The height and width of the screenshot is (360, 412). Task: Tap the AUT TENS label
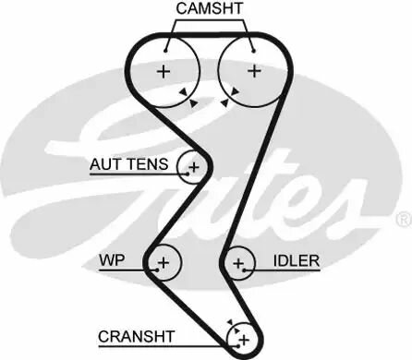click(128, 165)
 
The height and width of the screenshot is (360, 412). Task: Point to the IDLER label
click(296, 261)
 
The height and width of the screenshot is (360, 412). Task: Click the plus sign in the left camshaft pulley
click(164, 70)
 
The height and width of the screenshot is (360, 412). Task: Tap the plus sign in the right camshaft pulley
click(253, 70)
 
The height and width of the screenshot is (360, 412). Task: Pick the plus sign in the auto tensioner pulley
click(193, 168)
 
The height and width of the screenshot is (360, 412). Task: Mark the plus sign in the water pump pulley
click(164, 264)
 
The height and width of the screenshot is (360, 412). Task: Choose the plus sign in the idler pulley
click(238, 265)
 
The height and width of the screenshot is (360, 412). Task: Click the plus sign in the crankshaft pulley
click(245, 341)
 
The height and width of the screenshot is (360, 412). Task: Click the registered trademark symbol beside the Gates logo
click(403, 220)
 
